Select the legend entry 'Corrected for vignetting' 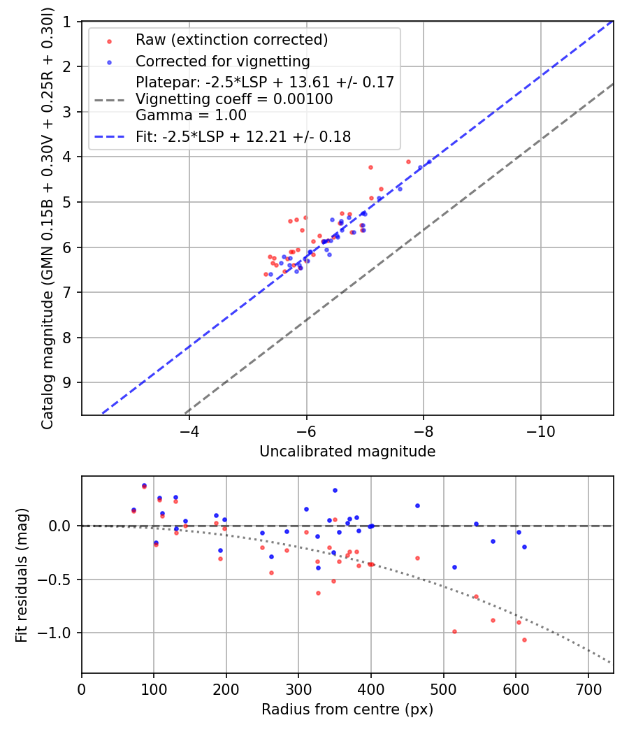click(222, 61)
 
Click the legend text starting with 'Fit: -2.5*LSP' click(243, 137)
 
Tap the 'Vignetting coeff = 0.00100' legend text click(234, 99)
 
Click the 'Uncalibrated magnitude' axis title click(347, 452)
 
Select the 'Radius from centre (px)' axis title click(347, 710)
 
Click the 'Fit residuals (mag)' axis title click(22, 574)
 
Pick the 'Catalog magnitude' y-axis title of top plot click(48, 218)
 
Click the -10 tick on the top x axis click(540, 433)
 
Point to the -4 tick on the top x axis click(189, 433)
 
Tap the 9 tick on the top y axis click(67, 382)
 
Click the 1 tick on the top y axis click(67, 22)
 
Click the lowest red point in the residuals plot click(524, 640)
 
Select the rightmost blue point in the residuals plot click(524, 547)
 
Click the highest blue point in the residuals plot click(144, 485)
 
